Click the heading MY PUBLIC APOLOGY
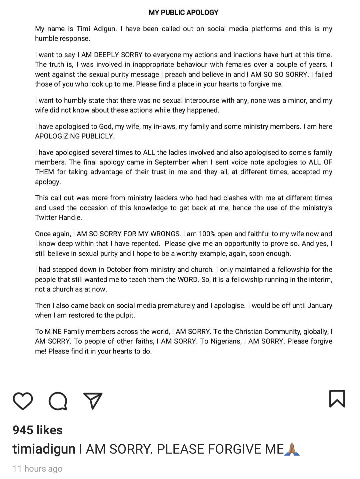[x=183, y=13]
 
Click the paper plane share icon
[x=93, y=400]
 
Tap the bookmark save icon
[x=337, y=399]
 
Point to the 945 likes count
[x=37, y=430]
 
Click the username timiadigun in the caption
[x=44, y=449]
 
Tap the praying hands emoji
[x=292, y=449]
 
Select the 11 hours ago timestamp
[x=37, y=469]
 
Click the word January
[x=319, y=306]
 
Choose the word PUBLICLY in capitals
[x=98, y=136]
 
